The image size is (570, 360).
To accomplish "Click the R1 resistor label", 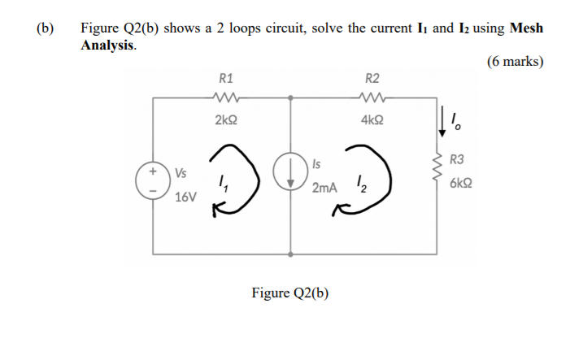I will coord(227,79).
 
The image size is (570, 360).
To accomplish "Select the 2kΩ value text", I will coord(227,119).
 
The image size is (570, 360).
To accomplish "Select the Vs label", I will coord(181,172).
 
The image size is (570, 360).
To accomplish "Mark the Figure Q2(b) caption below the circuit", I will coord(290,293).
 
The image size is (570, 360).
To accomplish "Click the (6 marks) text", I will coord(514,62).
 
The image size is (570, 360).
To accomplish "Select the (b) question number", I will coord(46,28).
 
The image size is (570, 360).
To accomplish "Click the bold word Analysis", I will coord(107,45).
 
